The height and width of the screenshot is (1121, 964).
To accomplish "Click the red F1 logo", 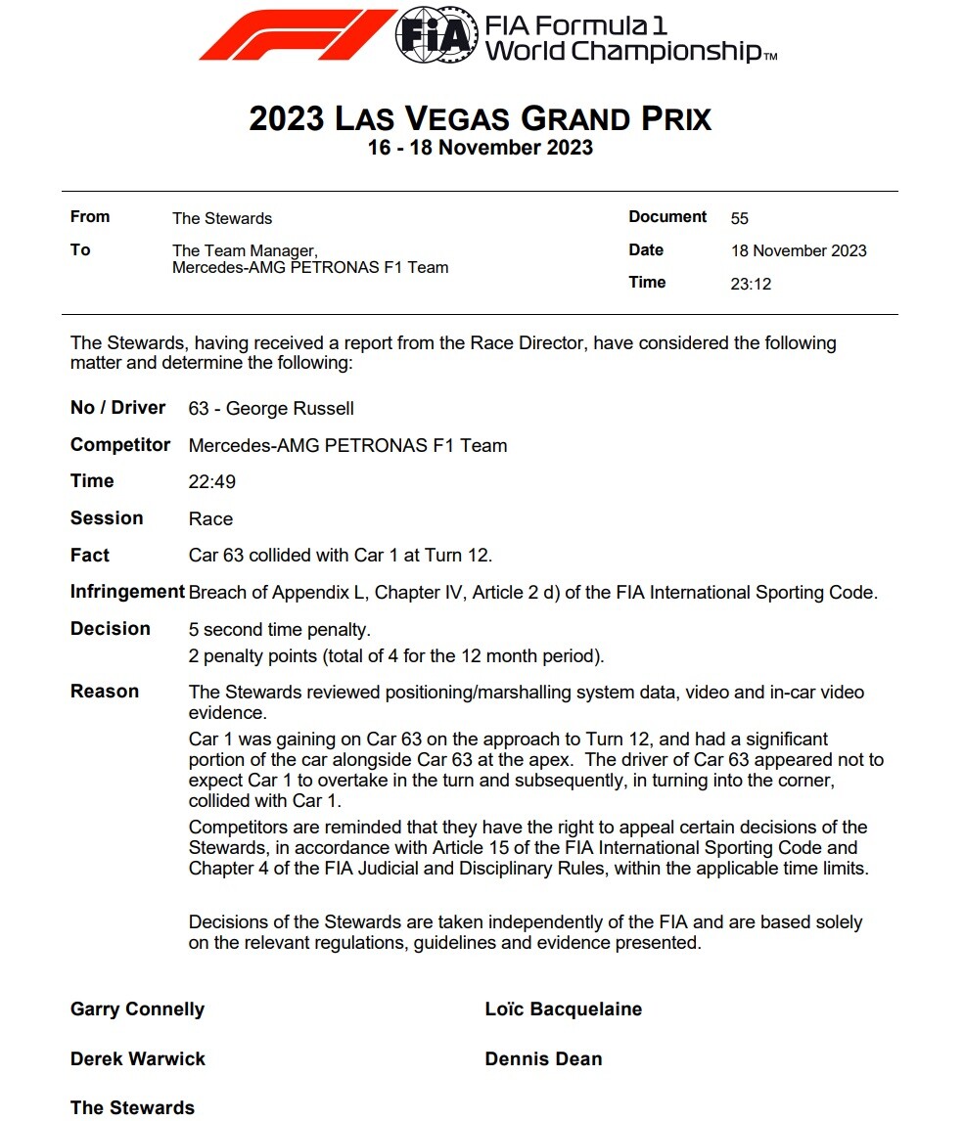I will tap(296, 36).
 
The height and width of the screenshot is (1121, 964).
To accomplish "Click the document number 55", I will tap(739, 218).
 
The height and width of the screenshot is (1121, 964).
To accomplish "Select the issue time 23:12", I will tap(751, 284).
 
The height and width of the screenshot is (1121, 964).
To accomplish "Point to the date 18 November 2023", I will tap(799, 250).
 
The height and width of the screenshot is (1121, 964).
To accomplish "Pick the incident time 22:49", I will tap(212, 482).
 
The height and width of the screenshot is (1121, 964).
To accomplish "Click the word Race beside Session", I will tap(210, 518).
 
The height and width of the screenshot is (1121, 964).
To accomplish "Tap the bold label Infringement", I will tap(127, 592).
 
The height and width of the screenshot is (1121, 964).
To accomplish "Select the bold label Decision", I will tap(111, 629).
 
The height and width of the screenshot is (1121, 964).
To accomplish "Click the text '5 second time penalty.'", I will tap(280, 630).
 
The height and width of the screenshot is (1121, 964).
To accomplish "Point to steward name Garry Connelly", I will tap(137, 1009).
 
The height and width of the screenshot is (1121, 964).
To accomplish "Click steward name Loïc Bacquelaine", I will tap(564, 1009).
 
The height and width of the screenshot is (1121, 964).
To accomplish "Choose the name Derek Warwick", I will tap(138, 1059).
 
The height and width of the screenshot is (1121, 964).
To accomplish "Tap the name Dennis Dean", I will tap(543, 1059).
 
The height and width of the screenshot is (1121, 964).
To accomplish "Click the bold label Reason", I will tap(105, 692).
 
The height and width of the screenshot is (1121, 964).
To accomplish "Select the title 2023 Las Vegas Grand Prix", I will tap(480, 119).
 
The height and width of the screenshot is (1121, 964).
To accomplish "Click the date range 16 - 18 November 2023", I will tap(480, 148).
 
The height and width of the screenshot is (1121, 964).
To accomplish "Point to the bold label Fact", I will tap(90, 556).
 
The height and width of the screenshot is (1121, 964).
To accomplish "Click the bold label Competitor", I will tap(120, 445).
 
